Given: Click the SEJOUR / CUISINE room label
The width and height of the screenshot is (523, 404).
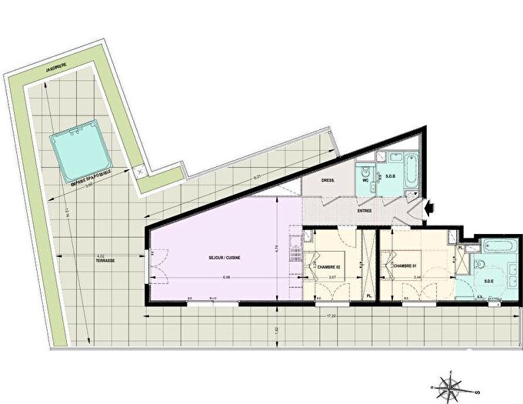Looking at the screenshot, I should [x=222, y=257].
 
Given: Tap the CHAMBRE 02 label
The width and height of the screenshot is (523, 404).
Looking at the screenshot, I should [x=325, y=267].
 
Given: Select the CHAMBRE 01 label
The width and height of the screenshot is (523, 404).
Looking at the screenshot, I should [x=405, y=267].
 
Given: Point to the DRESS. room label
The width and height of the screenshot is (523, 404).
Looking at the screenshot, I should [x=320, y=184].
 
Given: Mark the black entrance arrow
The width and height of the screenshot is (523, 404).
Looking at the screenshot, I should [x=430, y=206].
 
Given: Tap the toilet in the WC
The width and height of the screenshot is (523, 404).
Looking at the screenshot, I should [x=362, y=171].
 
